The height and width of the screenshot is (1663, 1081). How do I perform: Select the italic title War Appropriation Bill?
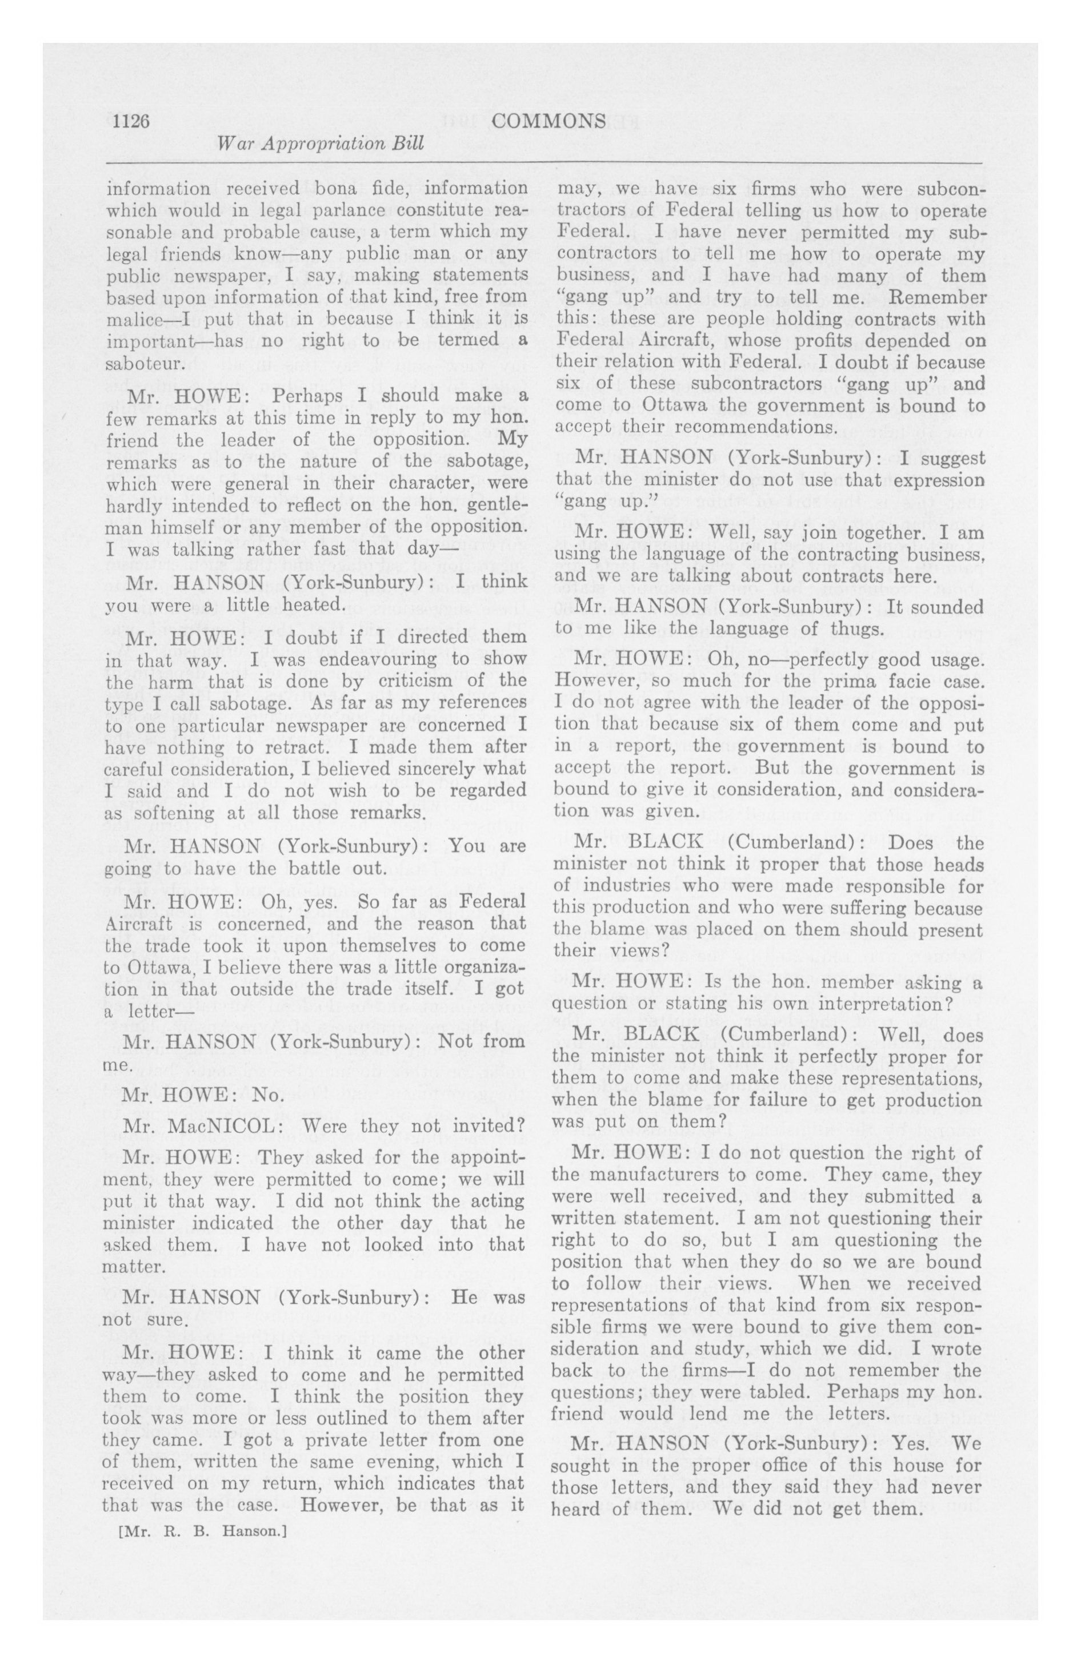point(321,145)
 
